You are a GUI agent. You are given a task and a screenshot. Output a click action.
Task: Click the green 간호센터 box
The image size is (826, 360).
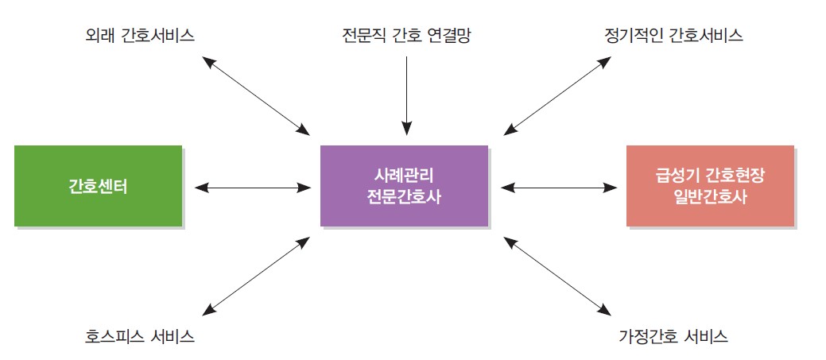click(x=98, y=186)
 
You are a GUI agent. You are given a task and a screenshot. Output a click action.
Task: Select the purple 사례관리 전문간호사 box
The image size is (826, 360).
click(x=404, y=186)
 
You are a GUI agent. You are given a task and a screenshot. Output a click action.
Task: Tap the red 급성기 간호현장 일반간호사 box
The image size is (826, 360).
click(x=710, y=186)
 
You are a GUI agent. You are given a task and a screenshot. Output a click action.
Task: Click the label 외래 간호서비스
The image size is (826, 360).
click(x=140, y=35)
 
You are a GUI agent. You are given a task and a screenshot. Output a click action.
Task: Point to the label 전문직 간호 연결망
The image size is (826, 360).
click(x=406, y=35)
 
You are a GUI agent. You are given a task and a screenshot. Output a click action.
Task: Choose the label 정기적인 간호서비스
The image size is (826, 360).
click(x=673, y=35)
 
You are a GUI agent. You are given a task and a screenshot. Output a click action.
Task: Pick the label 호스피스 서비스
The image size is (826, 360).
click(x=140, y=336)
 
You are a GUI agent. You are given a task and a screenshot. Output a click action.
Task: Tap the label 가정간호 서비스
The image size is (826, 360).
click(x=673, y=336)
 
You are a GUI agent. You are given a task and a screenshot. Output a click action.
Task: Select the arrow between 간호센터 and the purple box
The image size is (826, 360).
click(x=253, y=187)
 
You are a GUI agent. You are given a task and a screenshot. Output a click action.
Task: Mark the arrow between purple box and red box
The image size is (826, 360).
click(x=559, y=187)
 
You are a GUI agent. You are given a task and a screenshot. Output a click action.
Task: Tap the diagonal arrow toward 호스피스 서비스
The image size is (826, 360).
click(x=256, y=277)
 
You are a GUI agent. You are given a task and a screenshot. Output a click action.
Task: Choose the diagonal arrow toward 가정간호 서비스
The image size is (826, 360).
click(x=557, y=277)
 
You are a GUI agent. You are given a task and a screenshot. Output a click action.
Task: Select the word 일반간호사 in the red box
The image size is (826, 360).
click(x=710, y=198)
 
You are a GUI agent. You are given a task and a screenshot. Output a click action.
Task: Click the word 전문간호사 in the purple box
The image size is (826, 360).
click(x=404, y=198)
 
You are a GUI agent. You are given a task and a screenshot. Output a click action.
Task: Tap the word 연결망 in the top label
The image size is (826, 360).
click(x=449, y=35)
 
